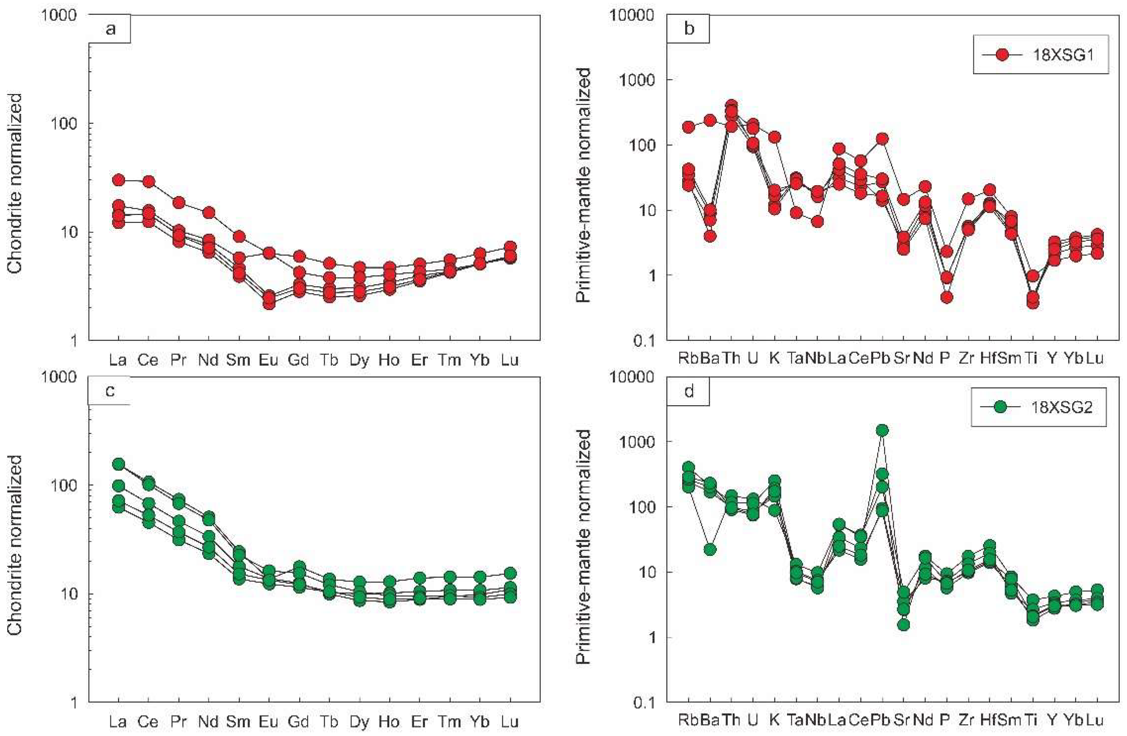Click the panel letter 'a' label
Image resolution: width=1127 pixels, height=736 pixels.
pyautogui.click(x=110, y=29)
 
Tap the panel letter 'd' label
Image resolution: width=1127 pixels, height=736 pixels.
pyautogui.click(x=689, y=391)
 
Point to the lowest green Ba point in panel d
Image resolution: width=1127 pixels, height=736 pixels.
pyautogui.click(x=709, y=549)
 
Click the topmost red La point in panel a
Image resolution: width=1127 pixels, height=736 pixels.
pyautogui.click(x=118, y=180)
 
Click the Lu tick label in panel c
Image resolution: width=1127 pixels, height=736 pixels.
pyautogui.click(x=510, y=722)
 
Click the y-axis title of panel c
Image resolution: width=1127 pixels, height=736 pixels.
pyautogui.click(x=15, y=545)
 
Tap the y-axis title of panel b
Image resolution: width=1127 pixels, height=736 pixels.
pyautogui.click(x=584, y=185)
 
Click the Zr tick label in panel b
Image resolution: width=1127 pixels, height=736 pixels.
pyautogui.click(x=966, y=358)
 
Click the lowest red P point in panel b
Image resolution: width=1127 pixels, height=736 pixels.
pyautogui.click(x=947, y=297)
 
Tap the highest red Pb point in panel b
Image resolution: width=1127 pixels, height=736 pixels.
pyautogui.click(x=882, y=139)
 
